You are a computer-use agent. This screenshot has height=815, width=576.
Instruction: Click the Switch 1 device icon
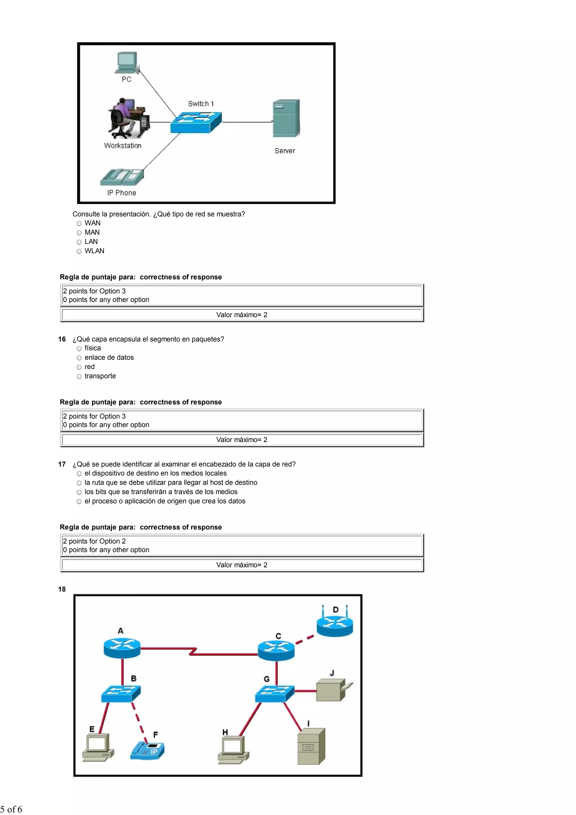pos(196,122)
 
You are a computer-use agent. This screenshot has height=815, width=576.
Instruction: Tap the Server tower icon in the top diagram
pos(286,118)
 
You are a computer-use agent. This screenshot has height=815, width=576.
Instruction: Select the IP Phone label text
pos(122,193)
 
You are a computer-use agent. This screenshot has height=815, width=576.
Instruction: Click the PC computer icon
pos(127,62)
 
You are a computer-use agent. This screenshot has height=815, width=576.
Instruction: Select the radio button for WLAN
pos(79,251)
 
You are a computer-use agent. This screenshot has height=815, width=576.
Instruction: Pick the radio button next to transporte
pos(79,376)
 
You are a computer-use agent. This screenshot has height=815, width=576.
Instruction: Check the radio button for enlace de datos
pos(79,358)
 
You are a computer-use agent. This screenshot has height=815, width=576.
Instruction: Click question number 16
pos(62,339)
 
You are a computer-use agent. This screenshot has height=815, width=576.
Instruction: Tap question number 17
pos(62,464)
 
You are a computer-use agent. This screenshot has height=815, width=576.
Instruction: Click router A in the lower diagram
pos(122,648)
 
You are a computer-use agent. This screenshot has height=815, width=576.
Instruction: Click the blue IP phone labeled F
pos(148,750)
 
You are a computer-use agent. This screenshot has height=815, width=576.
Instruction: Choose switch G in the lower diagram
pos(274,693)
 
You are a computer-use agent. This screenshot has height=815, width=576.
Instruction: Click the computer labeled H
pos(233,749)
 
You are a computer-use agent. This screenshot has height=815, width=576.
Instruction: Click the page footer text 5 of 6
pos(11,809)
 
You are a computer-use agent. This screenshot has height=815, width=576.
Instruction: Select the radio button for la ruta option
pos(79,483)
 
